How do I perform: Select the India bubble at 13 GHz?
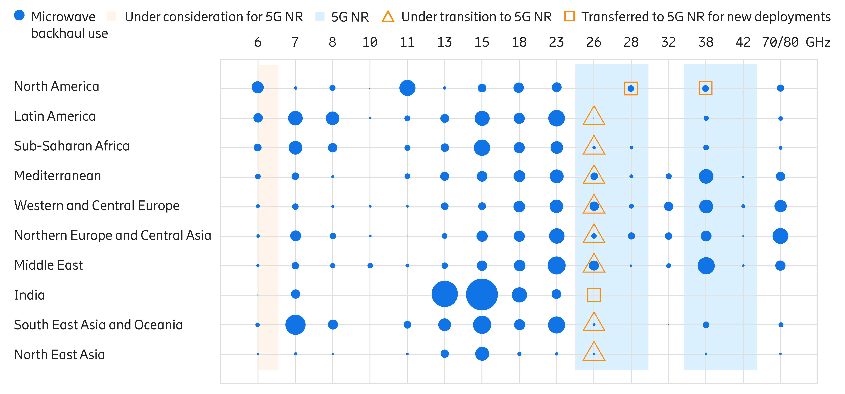tap(444, 294)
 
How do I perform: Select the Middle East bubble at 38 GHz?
tap(706, 266)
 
